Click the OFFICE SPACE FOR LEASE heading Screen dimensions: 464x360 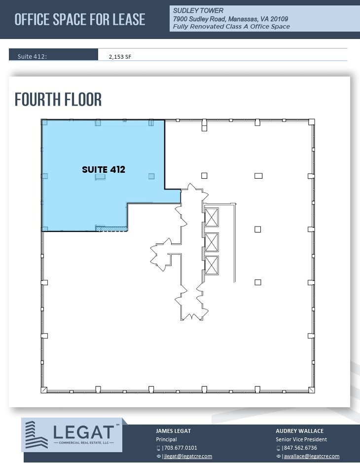click(x=80, y=19)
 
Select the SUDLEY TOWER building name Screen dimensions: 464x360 click(x=198, y=10)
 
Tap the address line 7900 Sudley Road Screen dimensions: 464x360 click(x=230, y=19)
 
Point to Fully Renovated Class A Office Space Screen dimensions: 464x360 click(x=231, y=27)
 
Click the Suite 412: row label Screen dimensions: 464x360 click(x=32, y=56)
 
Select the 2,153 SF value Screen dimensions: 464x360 click(x=120, y=57)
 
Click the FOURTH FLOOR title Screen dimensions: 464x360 click(x=58, y=99)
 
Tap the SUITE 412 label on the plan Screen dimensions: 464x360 click(x=104, y=169)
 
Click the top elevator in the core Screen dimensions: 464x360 click(x=212, y=217)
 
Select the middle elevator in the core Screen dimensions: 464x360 click(x=212, y=241)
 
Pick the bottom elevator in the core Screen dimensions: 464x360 click(x=212, y=265)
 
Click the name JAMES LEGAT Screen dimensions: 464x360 click(x=173, y=431)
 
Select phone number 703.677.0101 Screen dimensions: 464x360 click(x=180, y=448)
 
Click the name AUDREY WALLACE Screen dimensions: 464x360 click(x=299, y=431)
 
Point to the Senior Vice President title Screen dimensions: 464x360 click(x=301, y=439)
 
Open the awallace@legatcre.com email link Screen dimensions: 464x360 click(x=311, y=456)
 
